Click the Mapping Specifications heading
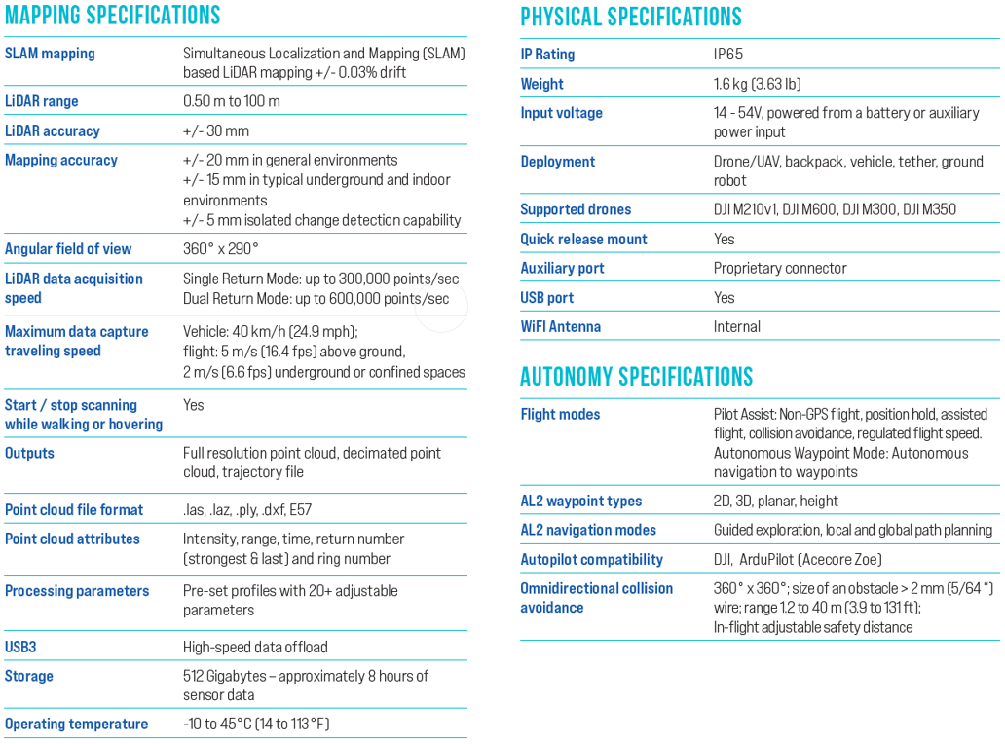coord(112,16)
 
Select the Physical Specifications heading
coord(630,17)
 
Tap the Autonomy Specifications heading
coord(636,377)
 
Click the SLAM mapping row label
coord(50,54)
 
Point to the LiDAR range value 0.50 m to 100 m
coord(232,101)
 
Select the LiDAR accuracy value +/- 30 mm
coord(216,130)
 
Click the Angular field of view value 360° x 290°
coord(221,249)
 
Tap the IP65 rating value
coord(728,55)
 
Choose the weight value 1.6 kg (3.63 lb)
coord(758,84)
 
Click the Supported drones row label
coord(576,209)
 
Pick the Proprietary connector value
coord(780,268)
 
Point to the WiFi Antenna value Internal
coord(737,326)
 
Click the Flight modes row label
coord(560,414)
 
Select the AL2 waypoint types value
coord(776,501)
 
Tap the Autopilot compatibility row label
coord(591,559)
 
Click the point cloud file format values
coord(247,509)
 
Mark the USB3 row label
coord(20,647)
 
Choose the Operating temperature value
coord(256,724)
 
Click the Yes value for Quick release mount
coord(725,239)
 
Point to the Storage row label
coord(29,676)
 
